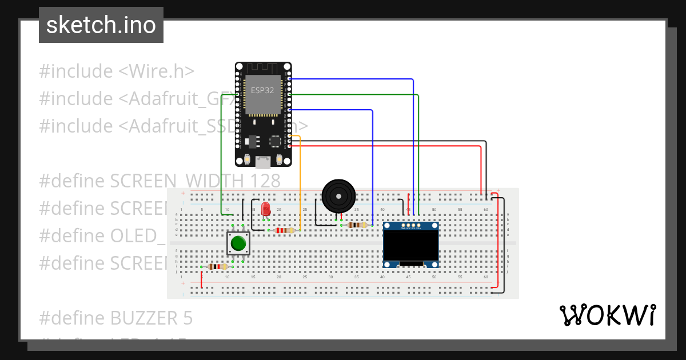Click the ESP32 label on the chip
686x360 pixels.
263,90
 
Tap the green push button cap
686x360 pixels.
238,244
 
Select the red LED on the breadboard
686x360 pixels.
265,209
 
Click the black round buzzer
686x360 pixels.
338,196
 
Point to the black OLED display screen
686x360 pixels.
410,245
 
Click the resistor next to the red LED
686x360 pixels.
284,230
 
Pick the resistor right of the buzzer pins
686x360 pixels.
357,225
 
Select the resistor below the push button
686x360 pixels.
218,266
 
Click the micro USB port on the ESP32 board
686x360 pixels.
263,162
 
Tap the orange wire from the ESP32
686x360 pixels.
300,183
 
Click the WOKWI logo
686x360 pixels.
607,315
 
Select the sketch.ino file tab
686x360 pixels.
101,25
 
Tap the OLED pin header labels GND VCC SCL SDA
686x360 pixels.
410,227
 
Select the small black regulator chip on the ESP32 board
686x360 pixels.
252,140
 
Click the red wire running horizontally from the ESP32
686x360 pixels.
389,146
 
